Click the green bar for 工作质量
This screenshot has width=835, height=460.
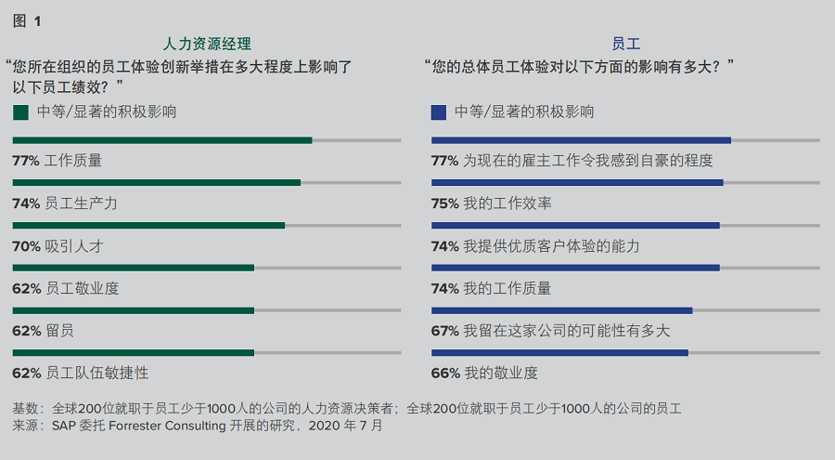pos(162,140)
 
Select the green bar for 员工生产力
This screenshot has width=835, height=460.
pos(157,182)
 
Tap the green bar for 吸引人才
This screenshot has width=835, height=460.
pos(148,225)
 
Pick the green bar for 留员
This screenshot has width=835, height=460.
pos(134,310)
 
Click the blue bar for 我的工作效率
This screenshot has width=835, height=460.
pos(577,182)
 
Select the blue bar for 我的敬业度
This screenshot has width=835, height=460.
pos(559,353)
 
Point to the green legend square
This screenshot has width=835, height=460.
pos(20,112)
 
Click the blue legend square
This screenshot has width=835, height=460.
pos(439,112)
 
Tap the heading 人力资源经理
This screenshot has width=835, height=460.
pos(207,44)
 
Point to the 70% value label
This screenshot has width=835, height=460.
pos(26,246)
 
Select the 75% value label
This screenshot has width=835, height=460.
pos(445,204)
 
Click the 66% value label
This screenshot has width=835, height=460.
pos(445,374)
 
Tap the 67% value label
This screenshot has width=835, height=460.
pos(445,331)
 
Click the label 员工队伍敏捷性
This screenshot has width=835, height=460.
pos(96,374)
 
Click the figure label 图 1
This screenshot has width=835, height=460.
pos(27,20)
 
